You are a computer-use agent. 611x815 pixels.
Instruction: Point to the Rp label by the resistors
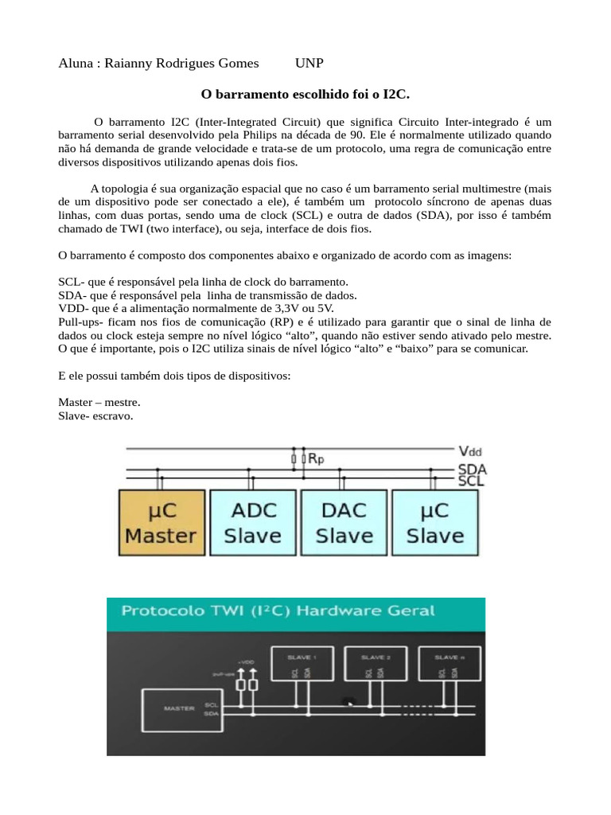pos(316,458)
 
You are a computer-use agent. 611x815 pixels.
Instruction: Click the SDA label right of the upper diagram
pos(473,470)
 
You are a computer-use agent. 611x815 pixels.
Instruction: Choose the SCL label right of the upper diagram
pos(473,482)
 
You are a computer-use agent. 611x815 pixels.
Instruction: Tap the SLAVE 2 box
pos(375,666)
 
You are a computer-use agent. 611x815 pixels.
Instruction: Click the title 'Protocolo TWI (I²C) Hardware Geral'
pos(278,611)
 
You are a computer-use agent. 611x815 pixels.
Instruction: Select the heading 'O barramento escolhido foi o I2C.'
pos(305,94)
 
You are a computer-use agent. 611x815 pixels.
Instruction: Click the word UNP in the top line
pos(309,63)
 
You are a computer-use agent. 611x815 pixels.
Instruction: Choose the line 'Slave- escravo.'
pos(95,415)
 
